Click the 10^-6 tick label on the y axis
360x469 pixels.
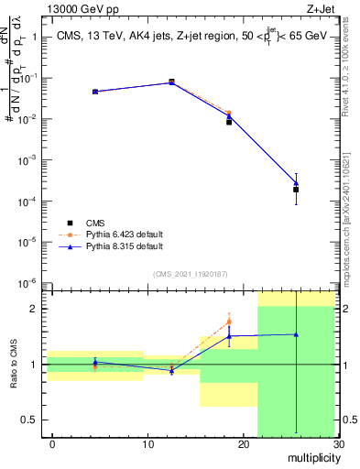pos(27,282)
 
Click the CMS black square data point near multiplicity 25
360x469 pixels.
pos(296,190)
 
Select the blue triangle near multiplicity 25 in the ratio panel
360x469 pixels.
pos(296,334)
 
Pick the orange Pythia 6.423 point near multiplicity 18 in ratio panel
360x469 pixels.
pos(229,322)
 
